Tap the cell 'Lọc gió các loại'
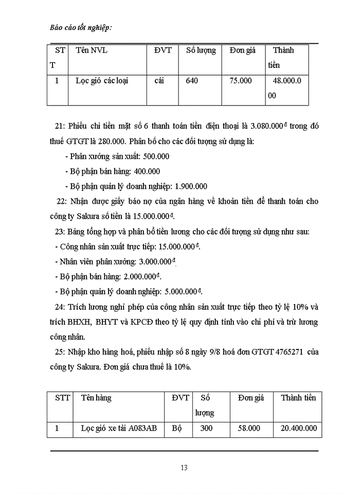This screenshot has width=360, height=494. tap(102, 81)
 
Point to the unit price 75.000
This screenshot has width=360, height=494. tap(240, 81)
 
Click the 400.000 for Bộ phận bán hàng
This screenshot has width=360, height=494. tap(142, 171)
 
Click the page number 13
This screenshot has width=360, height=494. tap(184, 468)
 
